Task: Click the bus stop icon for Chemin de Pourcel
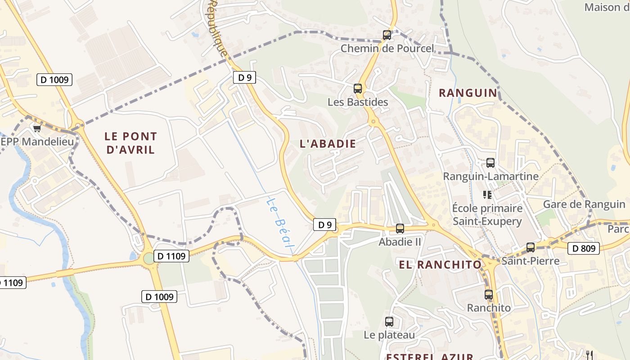coord(387,35)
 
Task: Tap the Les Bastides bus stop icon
coord(358,89)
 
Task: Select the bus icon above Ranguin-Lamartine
coord(490,163)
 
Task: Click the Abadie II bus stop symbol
coord(400,229)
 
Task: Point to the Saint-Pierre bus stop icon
coord(531,247)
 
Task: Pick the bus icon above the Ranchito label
coord(489,295)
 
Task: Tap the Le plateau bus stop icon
coord(389,322)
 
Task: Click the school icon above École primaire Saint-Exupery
coord(487,195)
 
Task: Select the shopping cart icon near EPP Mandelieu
coord(37,129)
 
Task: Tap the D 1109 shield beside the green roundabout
coord(171,256)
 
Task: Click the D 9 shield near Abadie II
coord(324,225)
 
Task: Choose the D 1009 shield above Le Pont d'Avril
coord(54,80)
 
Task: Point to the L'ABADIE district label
coord(328,144)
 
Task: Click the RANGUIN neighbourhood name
coord(468,93)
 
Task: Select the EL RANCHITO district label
coord(440,265)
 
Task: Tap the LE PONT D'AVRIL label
coord(130,143)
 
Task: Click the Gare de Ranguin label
coord(584,204)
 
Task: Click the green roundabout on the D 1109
coord(148,259)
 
